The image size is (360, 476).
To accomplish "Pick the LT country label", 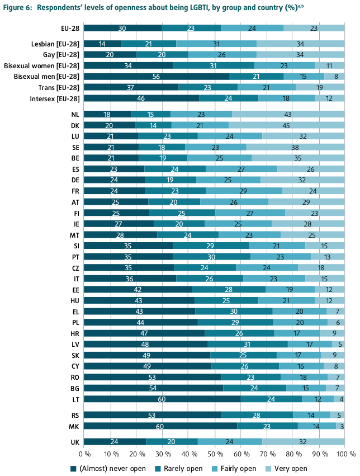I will pyautogui.click(x=75, y=399).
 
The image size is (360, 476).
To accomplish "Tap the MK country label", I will pyautogui.click(x=74, y=426).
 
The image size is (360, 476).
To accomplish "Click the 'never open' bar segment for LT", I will pyautogui.click(x=162, y=399).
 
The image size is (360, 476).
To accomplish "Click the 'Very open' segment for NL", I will pyautogui.click(x=288, y=114).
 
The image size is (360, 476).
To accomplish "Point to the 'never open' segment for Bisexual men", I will pyautogui.click(x=157, y=76).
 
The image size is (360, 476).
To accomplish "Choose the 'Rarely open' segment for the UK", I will pyautogui.click(x=172, y=441).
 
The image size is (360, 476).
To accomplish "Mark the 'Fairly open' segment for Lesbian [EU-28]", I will pyautogui.click(x=216, y=44).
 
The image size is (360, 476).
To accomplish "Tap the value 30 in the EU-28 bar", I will pyautogui.click(x=121, y=28).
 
